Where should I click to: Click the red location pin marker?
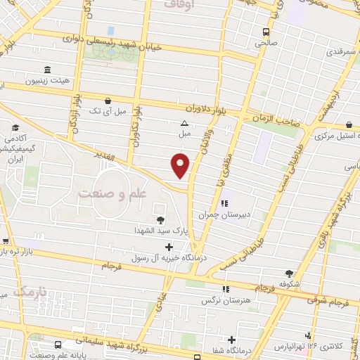point(181,166)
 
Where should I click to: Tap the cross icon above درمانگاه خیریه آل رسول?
point(168,247)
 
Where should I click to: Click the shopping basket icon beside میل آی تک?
point(107,101)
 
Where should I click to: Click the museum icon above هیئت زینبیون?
point(47,70)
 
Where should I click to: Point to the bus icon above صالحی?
point(266,32)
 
